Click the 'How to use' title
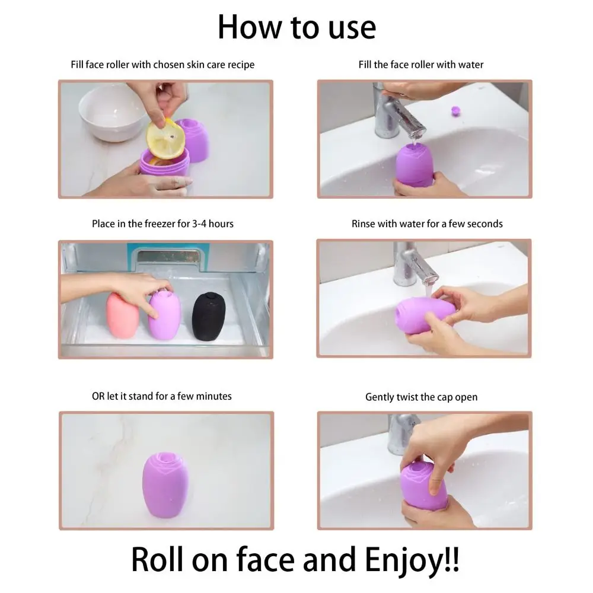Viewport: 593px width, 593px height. tap(296, 27)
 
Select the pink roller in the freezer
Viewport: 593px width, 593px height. tap(123, 316)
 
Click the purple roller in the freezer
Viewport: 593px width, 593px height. tap(164, 315)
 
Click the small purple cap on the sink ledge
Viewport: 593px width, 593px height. tap(455, 110)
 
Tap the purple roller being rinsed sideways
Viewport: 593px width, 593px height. tap(424, 315)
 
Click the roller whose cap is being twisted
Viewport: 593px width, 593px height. tap(425, 486)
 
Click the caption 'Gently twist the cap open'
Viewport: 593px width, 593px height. tap(421, 397)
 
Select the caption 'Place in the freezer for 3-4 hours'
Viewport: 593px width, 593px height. tap(162, 224)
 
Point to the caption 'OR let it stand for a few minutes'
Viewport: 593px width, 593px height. tap(161, 396)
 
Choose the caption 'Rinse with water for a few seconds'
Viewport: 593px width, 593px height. tap(426, 224)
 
